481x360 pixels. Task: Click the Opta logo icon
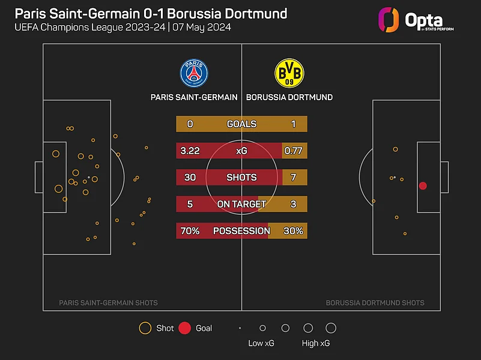pos(388,19)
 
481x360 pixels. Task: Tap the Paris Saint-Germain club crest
pos(194,73)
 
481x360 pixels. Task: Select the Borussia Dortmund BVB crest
pos(289,73)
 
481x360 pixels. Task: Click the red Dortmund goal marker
pos(423,186)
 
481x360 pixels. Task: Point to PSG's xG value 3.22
pos(190,151)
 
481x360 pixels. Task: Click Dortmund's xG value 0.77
pos(293,151)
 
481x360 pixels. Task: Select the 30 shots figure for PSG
pos(190,178)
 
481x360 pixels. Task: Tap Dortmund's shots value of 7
pos(293,178)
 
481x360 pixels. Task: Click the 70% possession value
pos(190,231)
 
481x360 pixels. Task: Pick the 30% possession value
pos(293,231)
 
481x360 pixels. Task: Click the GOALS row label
pos(241,124)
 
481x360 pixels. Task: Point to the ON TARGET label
pos(241,204)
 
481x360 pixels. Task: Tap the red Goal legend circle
pos(185,328)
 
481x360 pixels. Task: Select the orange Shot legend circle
pos(145,328)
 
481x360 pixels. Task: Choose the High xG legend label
pos(316,344)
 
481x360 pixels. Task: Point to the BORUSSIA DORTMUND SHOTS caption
pos(375,303)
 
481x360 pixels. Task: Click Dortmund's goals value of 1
pos(293,124)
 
